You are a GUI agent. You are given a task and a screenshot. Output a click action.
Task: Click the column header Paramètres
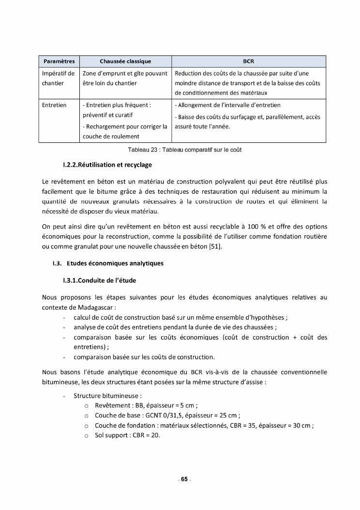click(59, 62)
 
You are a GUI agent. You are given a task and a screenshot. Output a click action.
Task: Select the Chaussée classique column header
click(125, 62)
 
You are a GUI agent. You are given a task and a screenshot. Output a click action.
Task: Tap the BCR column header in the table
click(248, 62)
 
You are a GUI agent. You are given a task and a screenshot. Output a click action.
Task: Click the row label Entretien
click(54, 105)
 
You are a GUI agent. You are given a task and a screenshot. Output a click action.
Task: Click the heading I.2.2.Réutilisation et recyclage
click(107, 165)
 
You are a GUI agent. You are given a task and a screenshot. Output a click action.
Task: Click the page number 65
click(184, 479)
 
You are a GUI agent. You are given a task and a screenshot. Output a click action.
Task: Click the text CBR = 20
click(144, 435)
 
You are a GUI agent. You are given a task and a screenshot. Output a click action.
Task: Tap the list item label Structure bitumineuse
click(107, 395)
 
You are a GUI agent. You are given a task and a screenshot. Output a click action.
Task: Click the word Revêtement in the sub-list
click(110, 405)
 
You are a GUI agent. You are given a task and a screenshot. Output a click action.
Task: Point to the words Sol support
click(109, 435)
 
